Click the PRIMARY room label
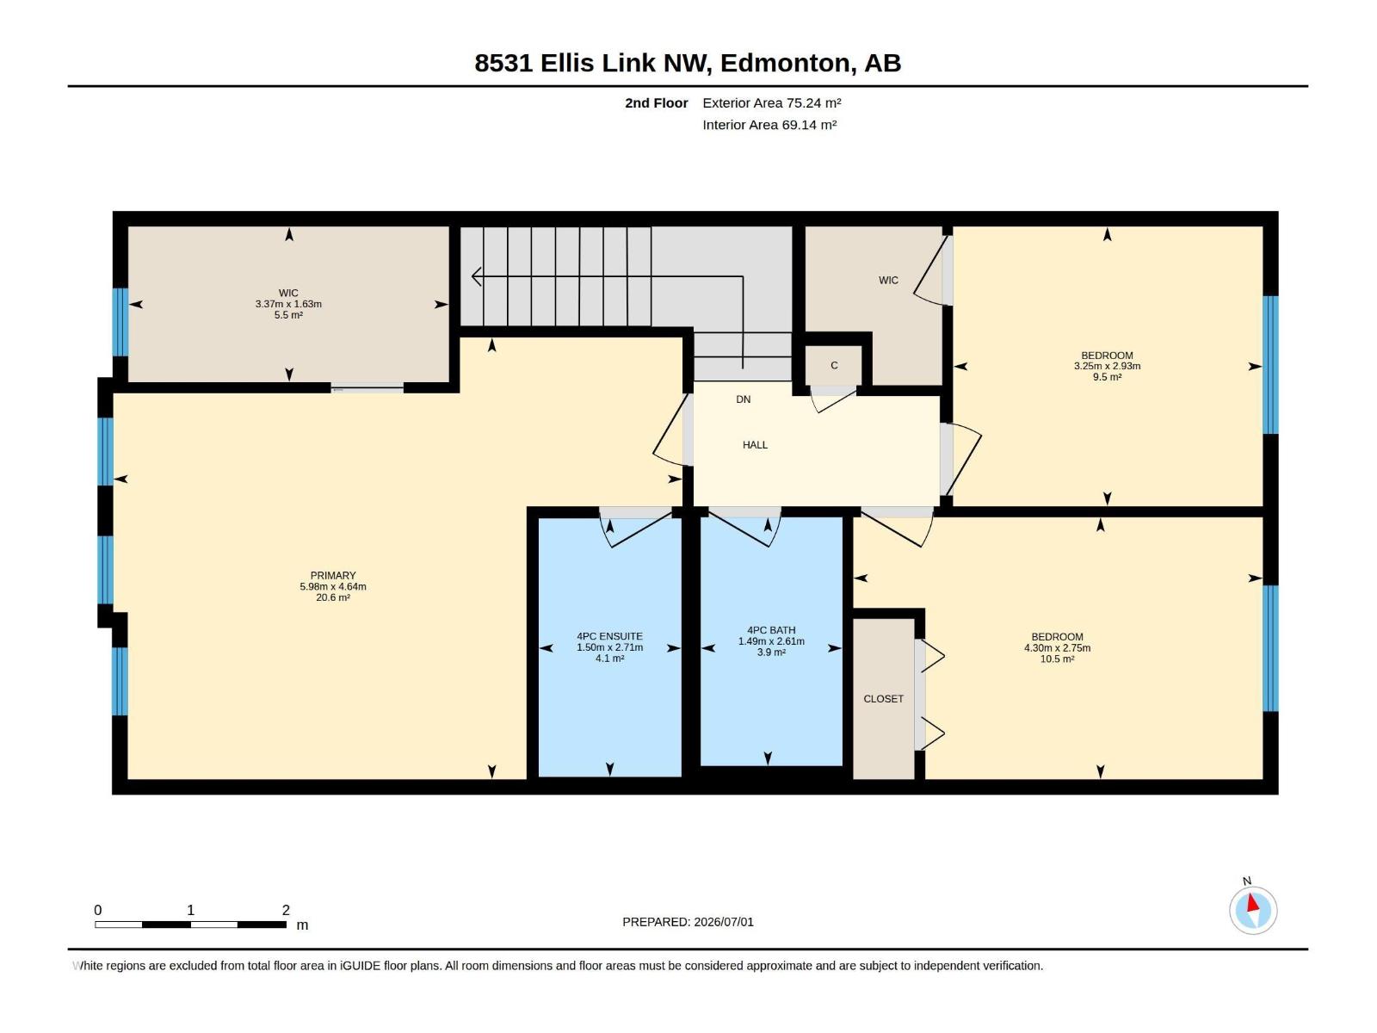tap(333, 576)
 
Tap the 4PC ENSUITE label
tap(610, 637)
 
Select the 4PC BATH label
tap(771, 630)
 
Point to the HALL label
tap(756, 445)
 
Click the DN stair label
tap(744, 399)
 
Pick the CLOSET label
tap(883, 699)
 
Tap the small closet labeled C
tap(834, 366)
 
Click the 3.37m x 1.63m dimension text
tap(288, 304)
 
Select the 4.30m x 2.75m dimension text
tap(1057, 648)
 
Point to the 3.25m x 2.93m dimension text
tap(1108, 367)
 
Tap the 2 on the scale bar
tap(286, 910)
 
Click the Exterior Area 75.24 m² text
tap(772, 102)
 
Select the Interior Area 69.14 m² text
tap(769, 125)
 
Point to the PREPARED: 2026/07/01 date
tap(688, 922)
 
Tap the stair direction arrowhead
tap(477, 276)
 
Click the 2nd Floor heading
tap(656, 102)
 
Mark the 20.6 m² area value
tap(333, 597)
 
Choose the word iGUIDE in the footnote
tap(360, 966)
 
